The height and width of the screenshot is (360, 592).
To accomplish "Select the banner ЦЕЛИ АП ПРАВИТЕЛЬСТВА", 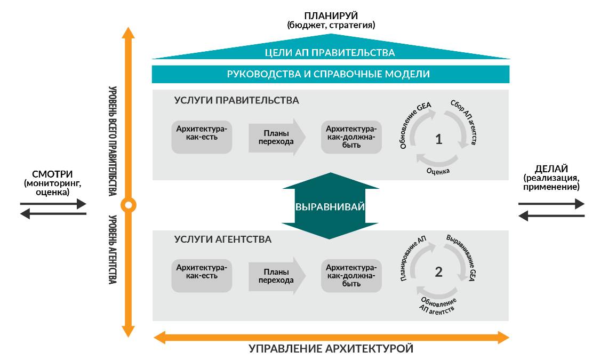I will click(x=330, y=52).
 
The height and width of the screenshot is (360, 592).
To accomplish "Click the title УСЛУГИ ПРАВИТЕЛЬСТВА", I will click(x=236, y=100).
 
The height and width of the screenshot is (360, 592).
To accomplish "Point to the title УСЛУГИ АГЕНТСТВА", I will click(x=222, y=239).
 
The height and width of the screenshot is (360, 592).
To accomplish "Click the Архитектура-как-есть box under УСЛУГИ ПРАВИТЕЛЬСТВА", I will click(x=202, y=138).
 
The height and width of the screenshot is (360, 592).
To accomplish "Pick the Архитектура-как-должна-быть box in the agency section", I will click(x=351, y=275).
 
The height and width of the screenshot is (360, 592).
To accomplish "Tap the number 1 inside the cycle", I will click(x=438, y=140).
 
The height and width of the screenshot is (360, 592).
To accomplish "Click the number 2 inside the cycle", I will click(x=438, y=272).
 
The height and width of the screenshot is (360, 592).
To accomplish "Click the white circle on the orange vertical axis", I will click(x=128, y=204).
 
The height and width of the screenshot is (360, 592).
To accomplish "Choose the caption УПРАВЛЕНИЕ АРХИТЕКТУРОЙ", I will click(x=331, y=349).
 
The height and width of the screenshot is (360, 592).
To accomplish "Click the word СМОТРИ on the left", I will click(x=52, y=174).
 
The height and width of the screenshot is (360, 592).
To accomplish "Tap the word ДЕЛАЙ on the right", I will click(x=551, y=169).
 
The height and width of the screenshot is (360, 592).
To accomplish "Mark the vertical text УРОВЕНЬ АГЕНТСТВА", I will click(x=113, y=249).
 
